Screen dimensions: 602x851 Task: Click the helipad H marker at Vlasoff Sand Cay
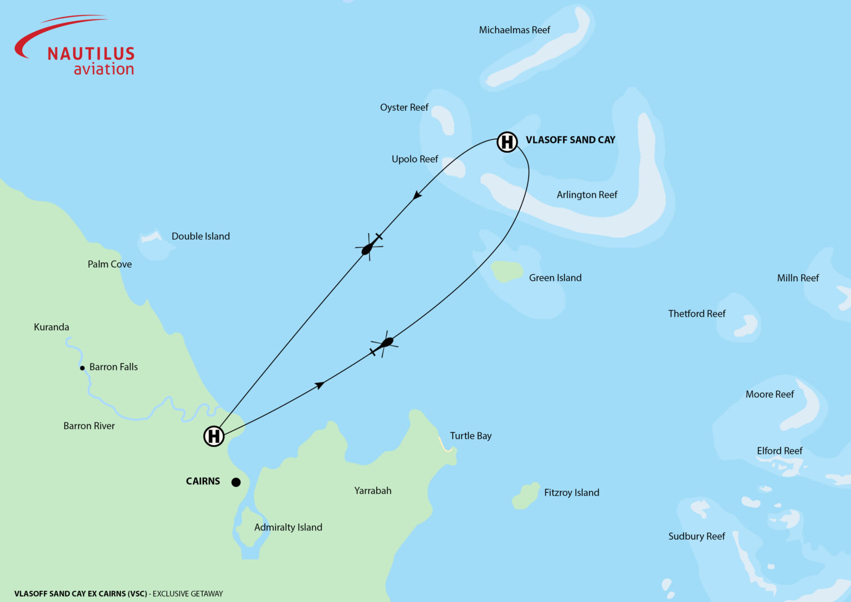[507, 142]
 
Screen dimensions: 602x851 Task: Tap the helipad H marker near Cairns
[214, 436]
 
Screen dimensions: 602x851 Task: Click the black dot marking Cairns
[236, 482]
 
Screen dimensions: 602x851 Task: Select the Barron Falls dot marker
[83, 368]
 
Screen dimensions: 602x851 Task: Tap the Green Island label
[555, 278]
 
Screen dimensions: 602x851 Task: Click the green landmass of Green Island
[507, 271]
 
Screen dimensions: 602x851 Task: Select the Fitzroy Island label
[571, 492]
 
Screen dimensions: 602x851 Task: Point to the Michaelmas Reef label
[514, 30]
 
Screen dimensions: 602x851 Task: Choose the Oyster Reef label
[404, 107]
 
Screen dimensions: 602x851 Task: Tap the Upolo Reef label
[414, 159]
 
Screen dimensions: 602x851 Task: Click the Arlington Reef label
[587, 195]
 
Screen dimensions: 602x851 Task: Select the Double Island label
[201, 236]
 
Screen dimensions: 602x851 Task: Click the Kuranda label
[52, 327]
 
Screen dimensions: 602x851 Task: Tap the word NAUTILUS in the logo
[91, 54]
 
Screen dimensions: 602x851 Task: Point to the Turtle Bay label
[470, 436]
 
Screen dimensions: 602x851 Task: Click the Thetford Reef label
[696, 314]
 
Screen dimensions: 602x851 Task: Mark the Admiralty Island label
[288, 527]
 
